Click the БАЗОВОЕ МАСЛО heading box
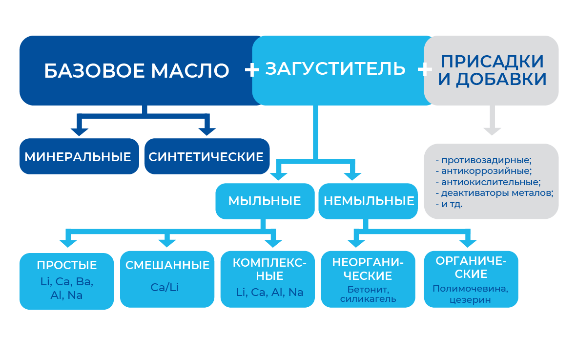pos(136,70)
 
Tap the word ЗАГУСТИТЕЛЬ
pos(335,68)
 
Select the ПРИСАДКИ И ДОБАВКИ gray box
pos(492,70)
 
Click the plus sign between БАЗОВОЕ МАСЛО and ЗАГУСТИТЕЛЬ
pos(252,70)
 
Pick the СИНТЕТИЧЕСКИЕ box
pos(206,157)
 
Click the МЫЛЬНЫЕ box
pos(265,201)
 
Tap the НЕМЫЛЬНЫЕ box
pos(369,201)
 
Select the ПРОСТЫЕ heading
pos(67,265)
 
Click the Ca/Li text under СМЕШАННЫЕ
pos(165,287)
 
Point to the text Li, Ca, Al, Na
pos(269,292)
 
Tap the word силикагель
pos(368,299)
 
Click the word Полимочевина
pos(470,289)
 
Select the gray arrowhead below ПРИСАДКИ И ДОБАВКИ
pos(492,130)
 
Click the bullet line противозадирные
pos(483,160)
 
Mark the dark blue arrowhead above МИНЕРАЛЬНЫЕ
pos(79,131)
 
